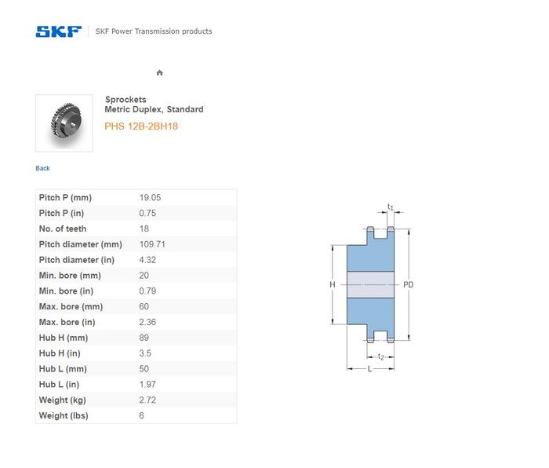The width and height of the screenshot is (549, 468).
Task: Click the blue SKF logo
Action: click(x=59, y=31)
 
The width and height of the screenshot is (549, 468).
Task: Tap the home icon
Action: click(x=160, y=72)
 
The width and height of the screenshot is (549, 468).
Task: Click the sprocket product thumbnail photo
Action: click(x=64, y=123)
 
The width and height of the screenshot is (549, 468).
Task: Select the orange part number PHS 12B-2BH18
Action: click(x=141, y=126)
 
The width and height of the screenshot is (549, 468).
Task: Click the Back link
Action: click(x=42, y=168)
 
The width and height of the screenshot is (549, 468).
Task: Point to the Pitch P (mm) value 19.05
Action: click(x=151, y=197)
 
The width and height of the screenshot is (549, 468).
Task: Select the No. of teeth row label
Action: click(x=63, y=229)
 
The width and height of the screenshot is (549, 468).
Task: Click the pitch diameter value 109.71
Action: click(x=152, y=244)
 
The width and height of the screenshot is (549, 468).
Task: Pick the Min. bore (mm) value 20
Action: click(x=144, y=276)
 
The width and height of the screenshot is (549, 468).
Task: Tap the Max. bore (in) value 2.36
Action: click(x=147, y=322)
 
